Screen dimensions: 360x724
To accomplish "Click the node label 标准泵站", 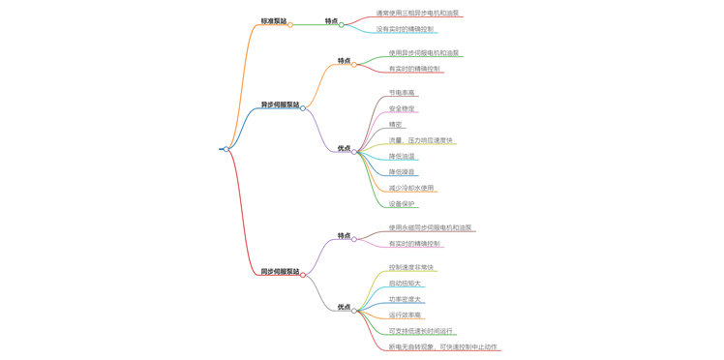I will coord(274,20).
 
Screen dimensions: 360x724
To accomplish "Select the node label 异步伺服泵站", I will coord(280,105).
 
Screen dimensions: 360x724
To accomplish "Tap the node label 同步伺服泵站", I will coord(280,272).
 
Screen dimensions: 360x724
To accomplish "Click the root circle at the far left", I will coord(226,149).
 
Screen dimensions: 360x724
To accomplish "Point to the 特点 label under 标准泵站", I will coord(332,21).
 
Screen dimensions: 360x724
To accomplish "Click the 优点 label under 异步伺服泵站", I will coord(344,149).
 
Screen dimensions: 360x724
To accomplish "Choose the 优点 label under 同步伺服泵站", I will coord(344,308).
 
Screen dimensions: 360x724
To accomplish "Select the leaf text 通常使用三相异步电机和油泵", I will coord(417,14).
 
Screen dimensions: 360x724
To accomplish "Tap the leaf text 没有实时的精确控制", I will coord(405,29).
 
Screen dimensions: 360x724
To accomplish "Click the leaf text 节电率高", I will coord(402,93).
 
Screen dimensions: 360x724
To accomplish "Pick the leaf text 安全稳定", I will coord(402,109).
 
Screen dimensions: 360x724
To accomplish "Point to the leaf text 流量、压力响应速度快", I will coord(420,141).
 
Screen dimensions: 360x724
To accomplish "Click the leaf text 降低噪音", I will coord(402,172).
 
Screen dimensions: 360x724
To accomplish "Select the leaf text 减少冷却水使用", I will coord(411,189).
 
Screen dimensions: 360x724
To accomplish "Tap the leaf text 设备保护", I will coord(402,204).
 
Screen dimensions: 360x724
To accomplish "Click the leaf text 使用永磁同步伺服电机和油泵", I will coord(431,228).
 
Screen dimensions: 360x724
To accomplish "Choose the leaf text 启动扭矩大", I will coord(406,284).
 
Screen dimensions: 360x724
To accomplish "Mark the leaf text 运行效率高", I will coord(406,315).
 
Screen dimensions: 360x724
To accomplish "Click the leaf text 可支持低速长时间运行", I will coord(421,331).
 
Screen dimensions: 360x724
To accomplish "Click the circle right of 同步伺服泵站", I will coord(303,275).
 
